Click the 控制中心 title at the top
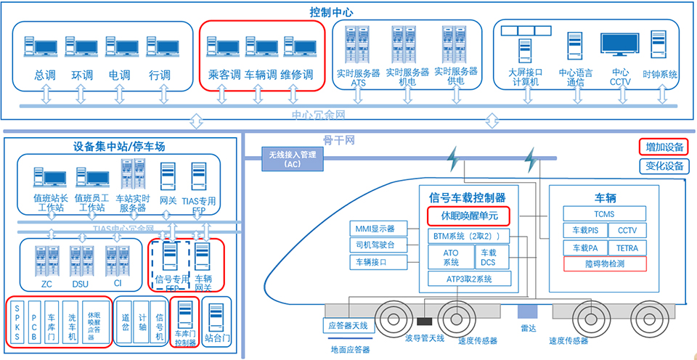[348, 12]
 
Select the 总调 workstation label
[41, 75]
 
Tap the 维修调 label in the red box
[297, 75]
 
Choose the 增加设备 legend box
[664, 147]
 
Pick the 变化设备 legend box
[664, 166]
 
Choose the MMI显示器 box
[375, 228]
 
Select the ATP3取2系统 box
[468, 279]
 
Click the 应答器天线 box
[349, 325]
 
